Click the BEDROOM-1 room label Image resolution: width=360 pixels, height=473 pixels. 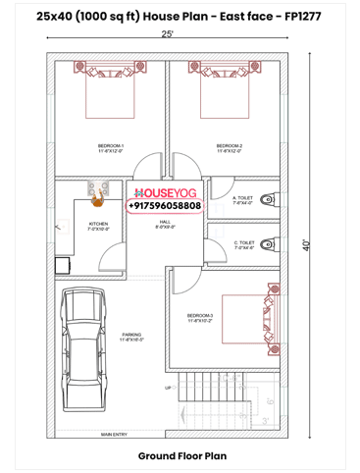point(110,148)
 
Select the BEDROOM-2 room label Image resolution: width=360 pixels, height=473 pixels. point(229,148)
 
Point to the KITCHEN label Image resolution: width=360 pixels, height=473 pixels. point(99,226)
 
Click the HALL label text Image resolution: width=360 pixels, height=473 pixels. point(165,224)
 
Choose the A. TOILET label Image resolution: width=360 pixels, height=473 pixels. point(242,199)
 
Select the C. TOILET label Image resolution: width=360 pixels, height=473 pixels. point(243,244)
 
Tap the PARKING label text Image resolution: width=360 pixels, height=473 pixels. point(131,336)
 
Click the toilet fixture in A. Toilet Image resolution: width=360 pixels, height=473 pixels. point(270,199)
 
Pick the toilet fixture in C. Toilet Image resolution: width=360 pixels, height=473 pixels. point(270,243)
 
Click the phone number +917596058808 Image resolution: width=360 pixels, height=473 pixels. point(165,206)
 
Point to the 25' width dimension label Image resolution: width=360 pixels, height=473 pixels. point(168,34)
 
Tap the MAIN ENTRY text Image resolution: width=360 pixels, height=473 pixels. point(113,434)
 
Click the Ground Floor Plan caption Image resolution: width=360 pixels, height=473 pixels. point(181,456)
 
